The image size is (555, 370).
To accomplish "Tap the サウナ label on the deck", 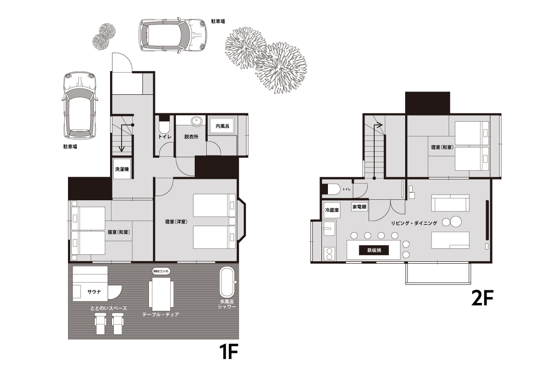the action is [x=94, y=292].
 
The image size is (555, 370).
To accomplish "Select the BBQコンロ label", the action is [x=161, y=271].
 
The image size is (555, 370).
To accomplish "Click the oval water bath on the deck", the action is [x=227, y=282].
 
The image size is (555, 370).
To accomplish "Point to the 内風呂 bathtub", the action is [x=222, y=126].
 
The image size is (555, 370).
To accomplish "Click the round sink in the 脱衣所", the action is [x=197, y=121].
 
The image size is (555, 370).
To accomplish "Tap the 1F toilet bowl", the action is [x=164, y=127].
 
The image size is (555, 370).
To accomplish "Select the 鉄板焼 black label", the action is [x=374, y=250].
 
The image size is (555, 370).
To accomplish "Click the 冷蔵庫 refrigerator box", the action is [x=332, y=210].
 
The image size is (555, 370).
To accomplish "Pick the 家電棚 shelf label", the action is [x=359, y=206].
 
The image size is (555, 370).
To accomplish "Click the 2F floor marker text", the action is [x=482, y=298].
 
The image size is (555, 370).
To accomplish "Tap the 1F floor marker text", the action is [x=228, y=351].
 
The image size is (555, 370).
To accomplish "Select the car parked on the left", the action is [x=80, y=105].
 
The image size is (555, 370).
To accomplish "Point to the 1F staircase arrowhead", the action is [x=121, y=149].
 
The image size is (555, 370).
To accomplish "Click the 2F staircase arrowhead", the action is [x=380, y=125].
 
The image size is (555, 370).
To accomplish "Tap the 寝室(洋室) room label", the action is [x=176, y=222].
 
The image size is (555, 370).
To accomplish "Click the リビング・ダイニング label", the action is [x=414, y=223].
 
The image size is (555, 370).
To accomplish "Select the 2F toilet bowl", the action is [x=333, y=189].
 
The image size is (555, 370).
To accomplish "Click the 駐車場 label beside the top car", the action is [x=218, y=21].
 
